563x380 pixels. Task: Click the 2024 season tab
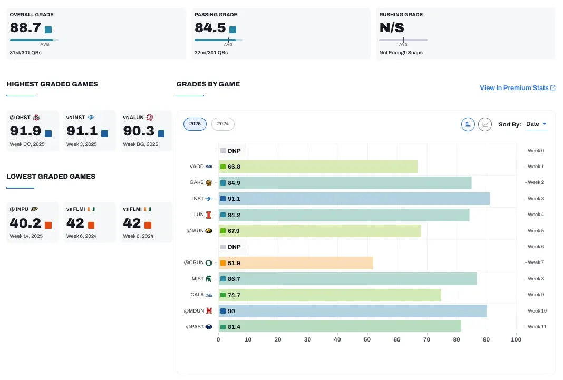222,124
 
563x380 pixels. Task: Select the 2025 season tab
195,124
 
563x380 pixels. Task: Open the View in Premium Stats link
517,88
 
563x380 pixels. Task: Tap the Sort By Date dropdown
536,124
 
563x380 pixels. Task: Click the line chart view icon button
485,124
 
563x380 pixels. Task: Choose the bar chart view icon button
468,124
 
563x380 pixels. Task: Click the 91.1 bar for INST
354,199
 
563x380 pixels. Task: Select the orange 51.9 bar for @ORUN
296,263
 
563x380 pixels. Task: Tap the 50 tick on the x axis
367,339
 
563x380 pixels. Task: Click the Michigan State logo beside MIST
209,279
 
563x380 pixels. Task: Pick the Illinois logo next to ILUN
209,215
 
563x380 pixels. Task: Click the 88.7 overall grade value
25,27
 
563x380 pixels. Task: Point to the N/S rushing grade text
392,27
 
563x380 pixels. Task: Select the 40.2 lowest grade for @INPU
25,223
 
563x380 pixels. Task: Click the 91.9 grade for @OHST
25,131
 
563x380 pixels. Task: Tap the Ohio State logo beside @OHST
36,118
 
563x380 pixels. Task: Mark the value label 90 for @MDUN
231,311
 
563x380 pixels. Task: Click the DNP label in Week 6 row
234,247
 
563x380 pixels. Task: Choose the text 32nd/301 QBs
211,53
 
